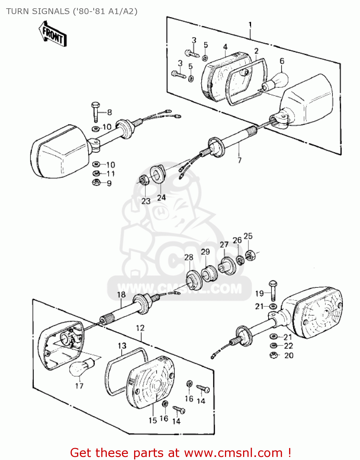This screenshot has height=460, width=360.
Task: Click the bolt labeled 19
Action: coord(273,290)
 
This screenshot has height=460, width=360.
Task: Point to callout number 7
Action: coord(239,160)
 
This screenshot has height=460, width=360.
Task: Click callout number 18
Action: coord(121,295)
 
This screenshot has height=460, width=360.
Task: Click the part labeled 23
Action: coord(144,180)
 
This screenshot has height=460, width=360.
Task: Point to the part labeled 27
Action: coord(226,266)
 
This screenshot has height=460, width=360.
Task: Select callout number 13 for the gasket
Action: coord(122,346)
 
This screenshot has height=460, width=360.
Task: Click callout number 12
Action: coord(140,328)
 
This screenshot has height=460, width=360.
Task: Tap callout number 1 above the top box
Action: coord(250,25)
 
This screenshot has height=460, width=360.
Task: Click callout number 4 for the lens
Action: coord(225,47)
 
